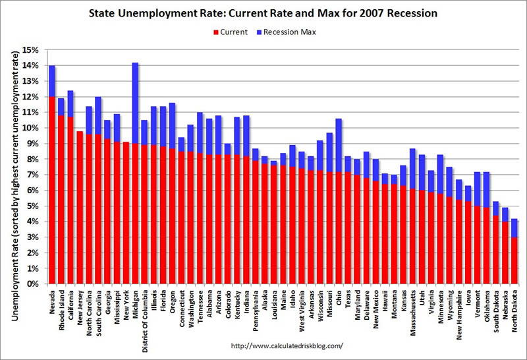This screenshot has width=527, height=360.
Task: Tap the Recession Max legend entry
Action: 287,32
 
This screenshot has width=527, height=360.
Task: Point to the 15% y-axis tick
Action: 30,49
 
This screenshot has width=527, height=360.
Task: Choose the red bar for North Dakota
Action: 514,260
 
